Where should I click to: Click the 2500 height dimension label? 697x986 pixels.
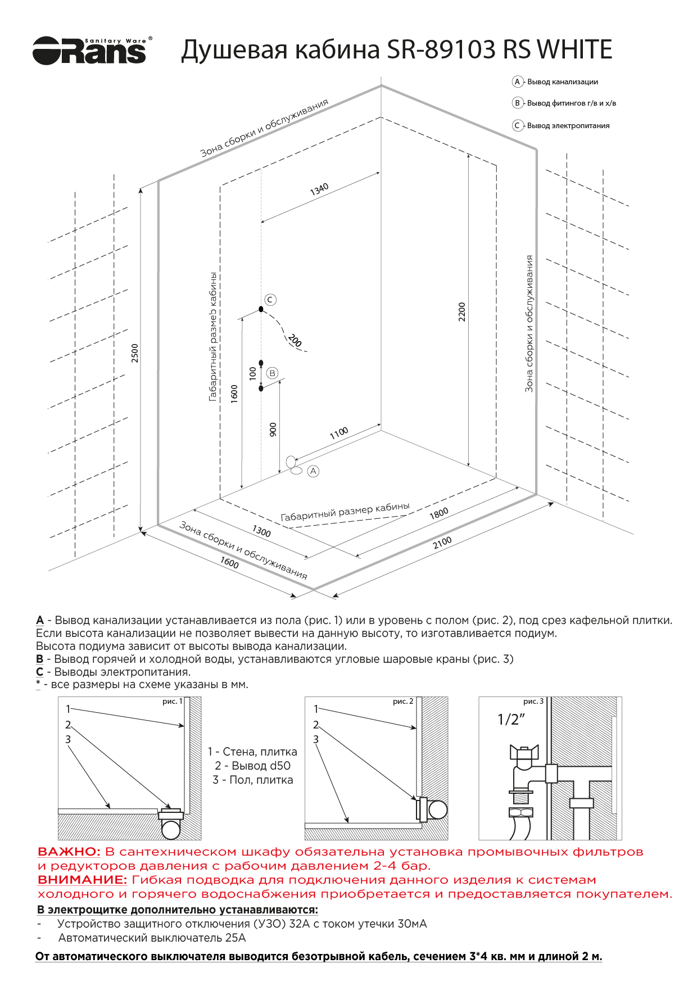135,352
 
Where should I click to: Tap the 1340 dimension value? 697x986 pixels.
319,189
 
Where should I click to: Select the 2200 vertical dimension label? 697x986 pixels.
462,311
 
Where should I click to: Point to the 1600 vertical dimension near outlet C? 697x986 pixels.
234,394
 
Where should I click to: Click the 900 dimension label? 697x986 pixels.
273,430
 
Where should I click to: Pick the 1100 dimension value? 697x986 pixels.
339,433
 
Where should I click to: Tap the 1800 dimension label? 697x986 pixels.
439,513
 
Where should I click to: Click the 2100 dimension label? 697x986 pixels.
442,542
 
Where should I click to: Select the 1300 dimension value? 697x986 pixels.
261,531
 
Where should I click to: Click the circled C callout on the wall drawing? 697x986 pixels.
270,300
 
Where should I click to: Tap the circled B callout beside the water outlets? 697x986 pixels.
273,373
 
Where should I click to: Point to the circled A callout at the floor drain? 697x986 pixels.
313,471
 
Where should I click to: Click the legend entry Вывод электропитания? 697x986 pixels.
568,126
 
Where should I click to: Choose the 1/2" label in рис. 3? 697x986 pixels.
511,720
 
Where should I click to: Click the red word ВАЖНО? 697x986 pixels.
69,852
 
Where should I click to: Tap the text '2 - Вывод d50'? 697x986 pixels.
252,766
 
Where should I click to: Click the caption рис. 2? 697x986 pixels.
403,702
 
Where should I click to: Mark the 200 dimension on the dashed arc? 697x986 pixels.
295,340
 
